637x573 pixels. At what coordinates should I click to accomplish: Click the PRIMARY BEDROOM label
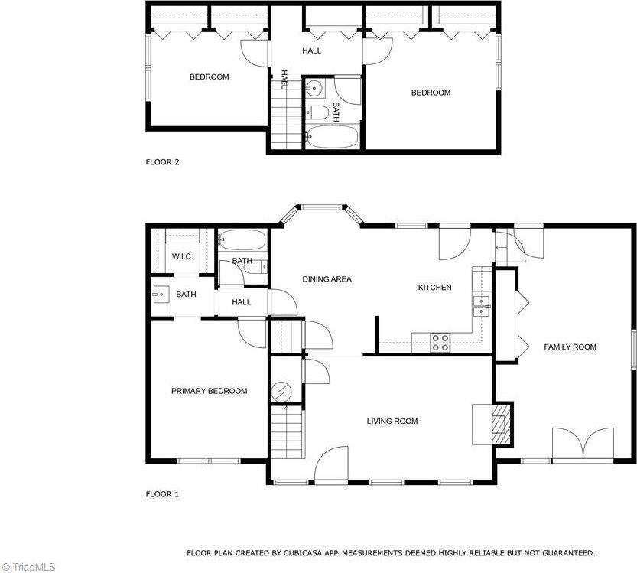209,391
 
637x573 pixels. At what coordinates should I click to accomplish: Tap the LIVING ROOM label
392,421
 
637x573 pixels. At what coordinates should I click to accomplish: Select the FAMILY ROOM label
570,347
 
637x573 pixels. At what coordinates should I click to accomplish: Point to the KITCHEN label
434,288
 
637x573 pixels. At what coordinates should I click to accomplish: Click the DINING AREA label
327,279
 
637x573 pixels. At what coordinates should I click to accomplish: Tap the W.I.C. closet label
182,256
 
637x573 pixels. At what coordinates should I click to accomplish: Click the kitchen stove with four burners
440,342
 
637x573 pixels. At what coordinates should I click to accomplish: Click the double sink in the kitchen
481,305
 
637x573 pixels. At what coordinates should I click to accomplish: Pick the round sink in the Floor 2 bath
313,90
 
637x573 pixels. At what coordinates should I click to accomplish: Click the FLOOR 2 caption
162,161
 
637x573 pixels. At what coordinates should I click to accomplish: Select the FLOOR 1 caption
162,494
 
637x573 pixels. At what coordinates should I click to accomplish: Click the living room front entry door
330,465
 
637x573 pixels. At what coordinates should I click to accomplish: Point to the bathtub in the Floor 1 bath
242,242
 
